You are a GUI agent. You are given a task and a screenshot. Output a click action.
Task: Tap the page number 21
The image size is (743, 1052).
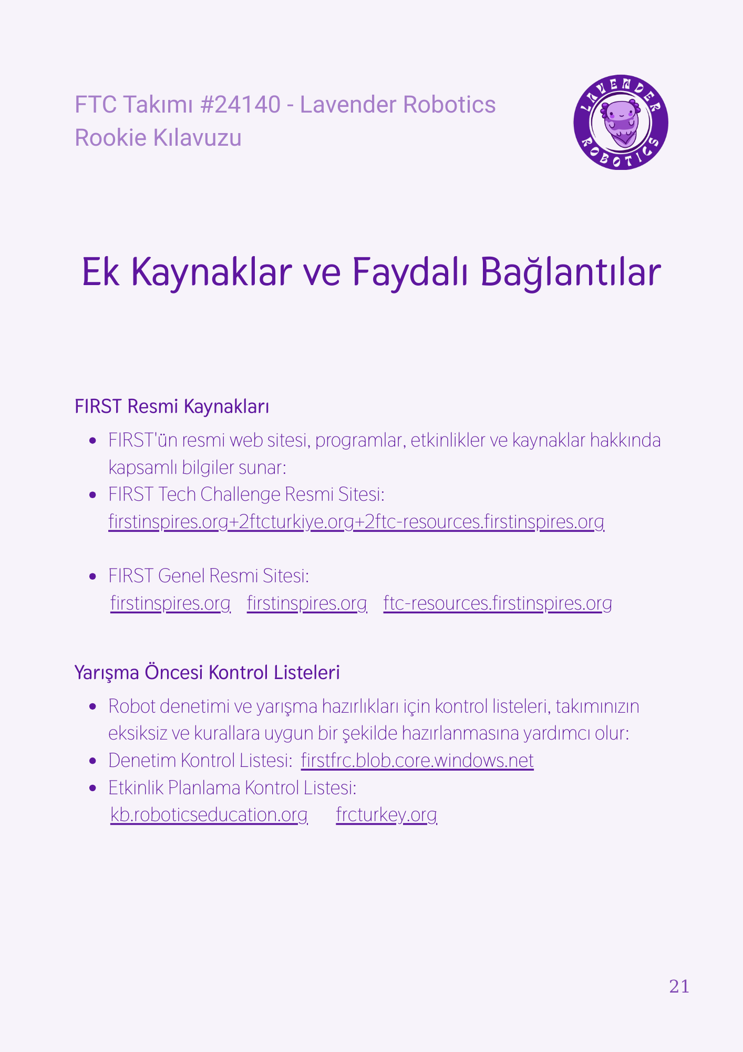click(x=679, y=986)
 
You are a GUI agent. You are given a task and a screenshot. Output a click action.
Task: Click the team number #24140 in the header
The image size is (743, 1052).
click(x=241, y=104)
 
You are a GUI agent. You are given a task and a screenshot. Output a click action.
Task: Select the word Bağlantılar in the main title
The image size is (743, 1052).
click(x=571, y=272)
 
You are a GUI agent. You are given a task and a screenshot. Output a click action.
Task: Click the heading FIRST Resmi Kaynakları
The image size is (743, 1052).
click(x=172, y=407)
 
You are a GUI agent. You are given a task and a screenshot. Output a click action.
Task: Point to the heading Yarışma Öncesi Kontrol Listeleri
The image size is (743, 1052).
click(x=207, y=672)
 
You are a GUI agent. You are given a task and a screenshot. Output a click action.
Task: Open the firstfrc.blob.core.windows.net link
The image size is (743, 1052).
click(x=417, y=761)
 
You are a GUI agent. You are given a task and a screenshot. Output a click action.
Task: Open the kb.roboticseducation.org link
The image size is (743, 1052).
click(x=209, y=815)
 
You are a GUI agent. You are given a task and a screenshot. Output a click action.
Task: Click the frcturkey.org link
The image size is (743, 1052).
click(x=386, y=815)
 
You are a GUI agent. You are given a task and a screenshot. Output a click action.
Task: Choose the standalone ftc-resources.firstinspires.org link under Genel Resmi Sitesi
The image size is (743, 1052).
click(x=498, y=603)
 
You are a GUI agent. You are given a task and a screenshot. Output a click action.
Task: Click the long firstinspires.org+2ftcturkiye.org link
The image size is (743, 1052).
click(x=356, y=522)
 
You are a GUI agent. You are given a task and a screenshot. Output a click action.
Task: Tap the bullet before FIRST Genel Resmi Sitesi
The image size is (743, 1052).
click(x=93, y=576)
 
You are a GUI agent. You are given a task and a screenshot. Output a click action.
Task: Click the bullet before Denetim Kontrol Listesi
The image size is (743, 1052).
click(x=93, y=761)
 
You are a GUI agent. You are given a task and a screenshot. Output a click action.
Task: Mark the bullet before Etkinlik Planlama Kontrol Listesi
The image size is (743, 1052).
click(x=93, y=788)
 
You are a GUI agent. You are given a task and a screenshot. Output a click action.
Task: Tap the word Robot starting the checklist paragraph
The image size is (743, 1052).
click(x=132, y=706)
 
